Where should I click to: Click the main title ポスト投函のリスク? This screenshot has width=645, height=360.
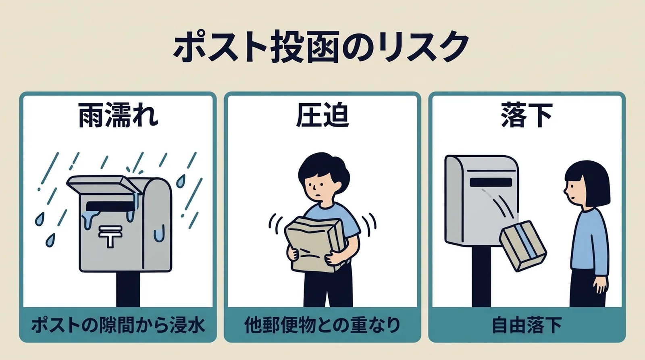click(322, 47)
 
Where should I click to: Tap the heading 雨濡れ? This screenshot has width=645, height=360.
click(118, 116)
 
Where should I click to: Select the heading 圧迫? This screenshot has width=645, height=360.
click(322, 116)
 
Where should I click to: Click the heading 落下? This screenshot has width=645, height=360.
click(526, 116)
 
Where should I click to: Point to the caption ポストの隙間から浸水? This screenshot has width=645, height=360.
click(118, 325)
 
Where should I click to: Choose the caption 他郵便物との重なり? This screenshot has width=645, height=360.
click(322, 325)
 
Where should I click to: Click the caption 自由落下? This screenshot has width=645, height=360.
click(526, 325)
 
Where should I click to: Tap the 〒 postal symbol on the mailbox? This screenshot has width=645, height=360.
click(110, 236)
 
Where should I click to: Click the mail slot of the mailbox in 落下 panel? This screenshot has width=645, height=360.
click(490, 182)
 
